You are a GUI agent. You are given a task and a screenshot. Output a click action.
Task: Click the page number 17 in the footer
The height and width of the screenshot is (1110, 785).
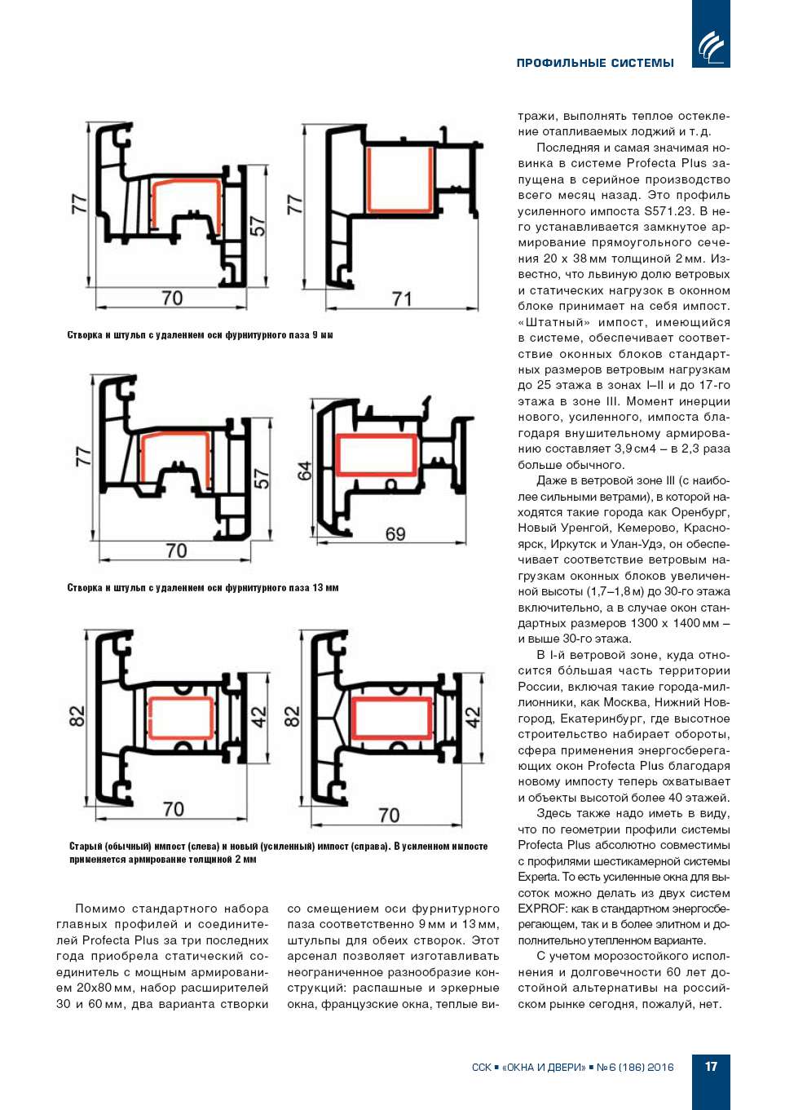711,1066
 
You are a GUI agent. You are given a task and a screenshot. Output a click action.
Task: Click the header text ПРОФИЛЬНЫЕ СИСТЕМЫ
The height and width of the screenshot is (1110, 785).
595,63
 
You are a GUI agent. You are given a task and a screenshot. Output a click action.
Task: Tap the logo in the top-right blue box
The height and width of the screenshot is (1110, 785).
711,45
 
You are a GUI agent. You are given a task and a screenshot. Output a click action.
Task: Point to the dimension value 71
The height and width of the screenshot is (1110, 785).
402,299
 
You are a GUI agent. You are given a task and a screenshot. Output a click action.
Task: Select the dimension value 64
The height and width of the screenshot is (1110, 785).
304,471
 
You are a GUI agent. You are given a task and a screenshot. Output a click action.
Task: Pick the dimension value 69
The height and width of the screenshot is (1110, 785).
395,534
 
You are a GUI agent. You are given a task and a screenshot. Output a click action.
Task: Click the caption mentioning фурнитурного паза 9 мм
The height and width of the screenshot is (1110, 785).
200,335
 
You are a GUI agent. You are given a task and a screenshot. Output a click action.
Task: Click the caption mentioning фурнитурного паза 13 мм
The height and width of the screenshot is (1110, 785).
202,588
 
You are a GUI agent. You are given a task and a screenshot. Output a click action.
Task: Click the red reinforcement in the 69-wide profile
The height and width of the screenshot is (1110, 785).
377,454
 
